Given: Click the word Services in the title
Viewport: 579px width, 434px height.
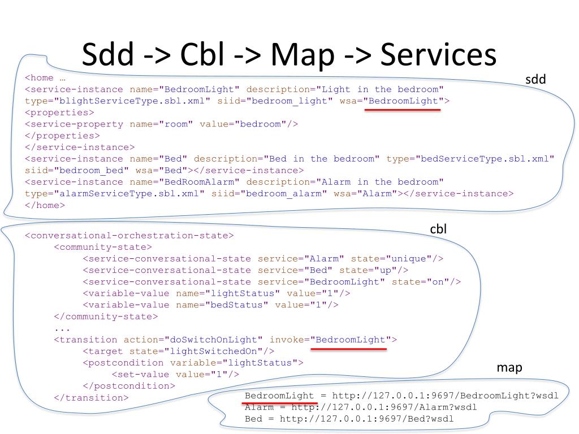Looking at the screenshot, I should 439,55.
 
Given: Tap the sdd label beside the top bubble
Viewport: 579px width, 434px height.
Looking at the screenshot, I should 535,80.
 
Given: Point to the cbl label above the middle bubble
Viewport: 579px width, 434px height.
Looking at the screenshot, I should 439,229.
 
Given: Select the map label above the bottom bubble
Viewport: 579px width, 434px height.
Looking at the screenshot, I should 509,367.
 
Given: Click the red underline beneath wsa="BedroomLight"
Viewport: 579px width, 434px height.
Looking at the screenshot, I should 402,110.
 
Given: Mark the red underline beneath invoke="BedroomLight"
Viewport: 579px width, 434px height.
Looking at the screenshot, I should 349,349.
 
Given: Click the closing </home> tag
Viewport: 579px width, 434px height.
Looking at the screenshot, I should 45,205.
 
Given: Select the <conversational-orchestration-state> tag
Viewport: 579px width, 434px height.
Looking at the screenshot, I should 129,236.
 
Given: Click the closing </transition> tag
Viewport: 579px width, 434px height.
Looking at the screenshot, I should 91,398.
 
